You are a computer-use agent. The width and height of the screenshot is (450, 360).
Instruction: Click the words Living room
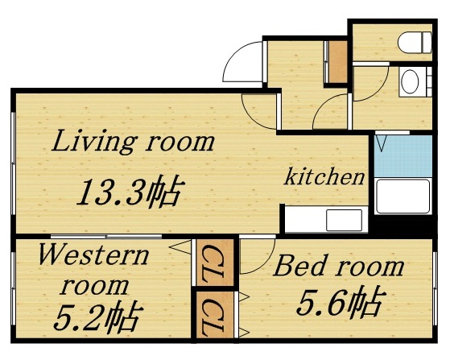coord(134,143)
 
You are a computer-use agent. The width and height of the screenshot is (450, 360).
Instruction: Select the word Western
coord(93,257)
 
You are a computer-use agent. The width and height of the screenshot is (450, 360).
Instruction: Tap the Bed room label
coord(338,267)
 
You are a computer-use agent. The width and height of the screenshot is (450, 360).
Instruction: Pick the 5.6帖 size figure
coord(339,304)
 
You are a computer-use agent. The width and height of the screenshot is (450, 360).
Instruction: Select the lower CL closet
coord(213,316)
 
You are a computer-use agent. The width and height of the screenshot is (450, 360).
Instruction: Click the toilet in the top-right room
coord(411,42)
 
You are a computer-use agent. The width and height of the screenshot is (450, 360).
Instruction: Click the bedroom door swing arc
coord(256,256)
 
